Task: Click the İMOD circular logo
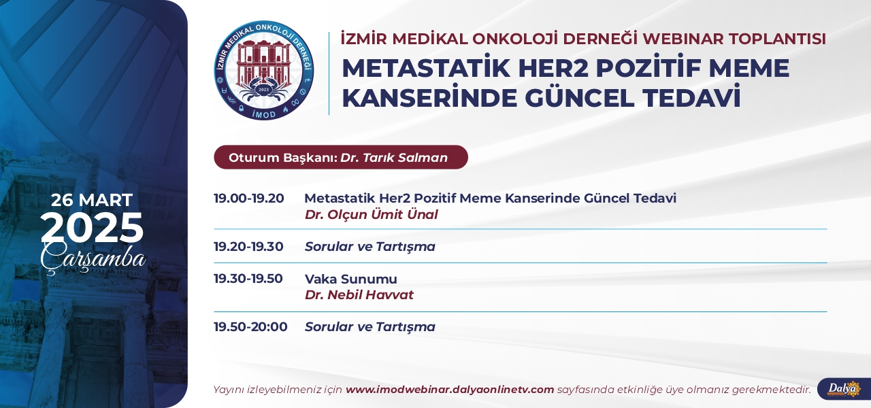click(x=264, y=70)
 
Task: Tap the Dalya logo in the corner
click(x=844, y=389)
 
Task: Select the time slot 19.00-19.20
click(x=249, y=198)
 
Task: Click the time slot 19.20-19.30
click(x=248, y=246)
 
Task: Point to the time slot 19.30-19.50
click(x=248, y=279)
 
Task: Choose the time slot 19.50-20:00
click(x=250, y=327)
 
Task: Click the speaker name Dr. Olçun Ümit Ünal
click(x=372, y=214)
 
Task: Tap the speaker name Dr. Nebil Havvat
click(x=359, y=295)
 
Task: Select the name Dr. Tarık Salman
click(x=394, y=157)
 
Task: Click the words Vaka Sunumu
click(x=350, y=279)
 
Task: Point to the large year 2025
click(x=92, y=228)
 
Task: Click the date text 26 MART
click(x=92, y=200)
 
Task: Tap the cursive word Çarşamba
click(x=93, y=258)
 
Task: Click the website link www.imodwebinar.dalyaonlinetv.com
click(x=450, y=390)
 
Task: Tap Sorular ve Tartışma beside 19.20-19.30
click(x=369, y=247)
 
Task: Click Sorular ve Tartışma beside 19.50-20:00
click(x=369, y=327)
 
